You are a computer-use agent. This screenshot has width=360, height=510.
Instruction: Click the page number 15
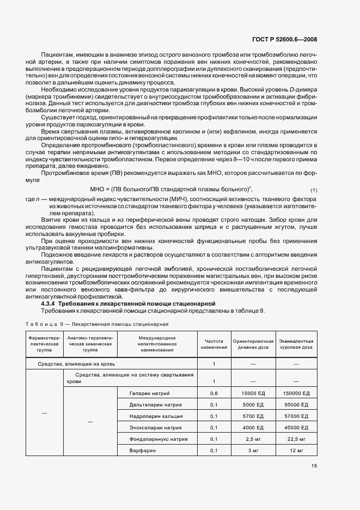pyautogui.click(x=314, y=465)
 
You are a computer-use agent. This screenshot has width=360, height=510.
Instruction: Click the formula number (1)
pyautogui.click(x=314, y=190)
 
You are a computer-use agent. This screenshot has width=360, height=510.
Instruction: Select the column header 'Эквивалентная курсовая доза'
pyautogui.click(x=296, y=344)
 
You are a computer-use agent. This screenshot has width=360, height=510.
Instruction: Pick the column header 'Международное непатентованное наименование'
pyautogui.click(x=157, y=344)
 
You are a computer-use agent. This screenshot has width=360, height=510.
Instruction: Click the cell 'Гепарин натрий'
pyautogui.click(x=150, y=393)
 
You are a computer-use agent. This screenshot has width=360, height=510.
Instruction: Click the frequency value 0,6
pyautogui.click(x=214, y=393)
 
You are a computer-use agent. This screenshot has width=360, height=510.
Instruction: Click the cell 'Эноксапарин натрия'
pyautogui.click(x=156, y=427)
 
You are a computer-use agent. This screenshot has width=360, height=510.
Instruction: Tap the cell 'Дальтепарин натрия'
pyautogui.click(x=156, y=404)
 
